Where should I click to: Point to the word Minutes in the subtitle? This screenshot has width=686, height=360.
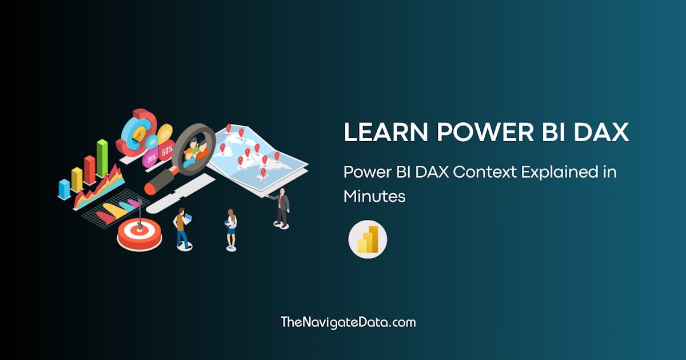click(374, 196)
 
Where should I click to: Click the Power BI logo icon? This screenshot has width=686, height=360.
click(368, 239)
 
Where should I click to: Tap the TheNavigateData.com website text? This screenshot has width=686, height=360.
click(348, 322)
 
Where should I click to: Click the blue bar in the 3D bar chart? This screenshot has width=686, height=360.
click(64, 188)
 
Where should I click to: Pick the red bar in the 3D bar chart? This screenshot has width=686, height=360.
click(90, 169)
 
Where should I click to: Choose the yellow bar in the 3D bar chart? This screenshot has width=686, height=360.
click(77, 179)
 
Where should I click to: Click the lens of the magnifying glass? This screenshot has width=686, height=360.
click(193, 147)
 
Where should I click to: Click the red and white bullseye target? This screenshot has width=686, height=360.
click(139, 234)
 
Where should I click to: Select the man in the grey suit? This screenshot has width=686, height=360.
click(282, 207)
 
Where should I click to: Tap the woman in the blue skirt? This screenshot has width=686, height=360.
click(232, 229)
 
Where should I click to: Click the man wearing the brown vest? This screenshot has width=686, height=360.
click(181, 227)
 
